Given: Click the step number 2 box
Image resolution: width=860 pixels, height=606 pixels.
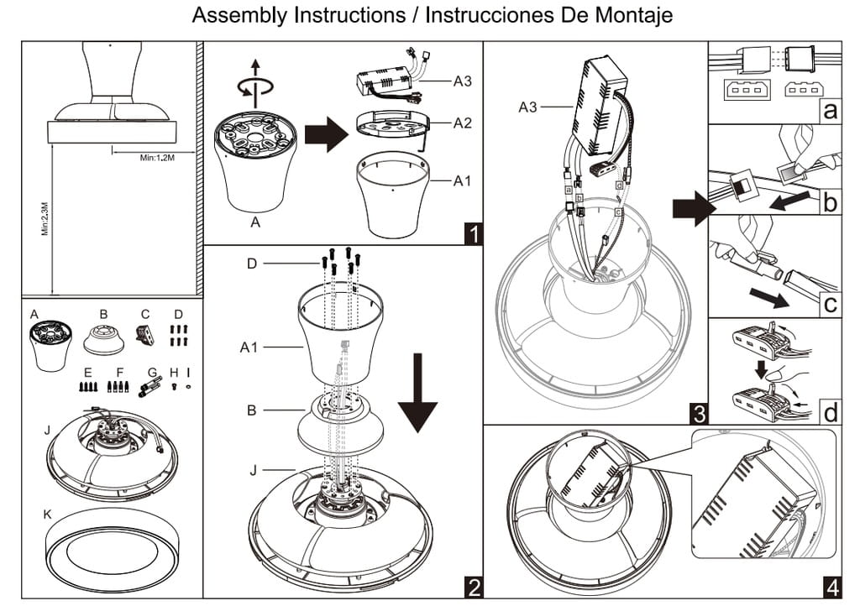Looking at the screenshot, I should pos(472,585).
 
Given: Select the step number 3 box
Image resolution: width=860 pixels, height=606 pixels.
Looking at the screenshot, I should pos(697,413).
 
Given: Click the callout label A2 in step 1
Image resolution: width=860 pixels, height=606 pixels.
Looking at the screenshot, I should pos(463,123).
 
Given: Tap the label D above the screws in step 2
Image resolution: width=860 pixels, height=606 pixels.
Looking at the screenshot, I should pos(252,264).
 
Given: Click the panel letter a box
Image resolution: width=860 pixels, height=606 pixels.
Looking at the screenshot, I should pos(830,111).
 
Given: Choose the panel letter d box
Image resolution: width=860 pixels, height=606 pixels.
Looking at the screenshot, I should pos(830,413).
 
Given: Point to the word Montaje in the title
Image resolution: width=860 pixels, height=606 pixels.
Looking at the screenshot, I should pos(632,16).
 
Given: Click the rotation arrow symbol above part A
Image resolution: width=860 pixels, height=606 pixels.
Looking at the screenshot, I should pos(256,86).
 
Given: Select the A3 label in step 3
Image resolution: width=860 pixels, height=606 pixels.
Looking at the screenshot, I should pos(528,107).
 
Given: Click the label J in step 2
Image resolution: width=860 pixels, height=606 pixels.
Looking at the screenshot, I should pos(253,469).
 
